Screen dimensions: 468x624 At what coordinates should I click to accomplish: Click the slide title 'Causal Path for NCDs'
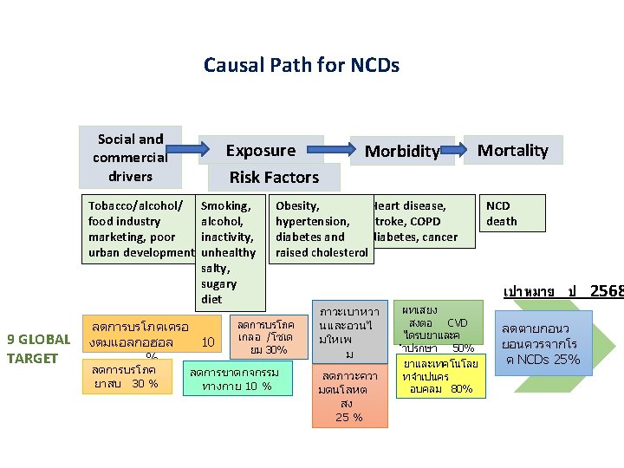pos(301,65)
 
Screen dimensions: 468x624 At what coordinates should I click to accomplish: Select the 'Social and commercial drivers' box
pos(130,158)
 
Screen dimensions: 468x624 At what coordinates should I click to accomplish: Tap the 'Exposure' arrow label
pos(260,150)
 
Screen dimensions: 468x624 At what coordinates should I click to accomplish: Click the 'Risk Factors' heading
pos(274,177)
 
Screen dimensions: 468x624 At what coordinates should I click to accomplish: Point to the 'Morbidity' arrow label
pos(401,151)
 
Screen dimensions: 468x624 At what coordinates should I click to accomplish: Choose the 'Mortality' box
pos(513,150)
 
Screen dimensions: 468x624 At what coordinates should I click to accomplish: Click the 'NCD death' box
pos(502,213)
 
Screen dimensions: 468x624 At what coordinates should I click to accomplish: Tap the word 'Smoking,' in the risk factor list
pos(225,206)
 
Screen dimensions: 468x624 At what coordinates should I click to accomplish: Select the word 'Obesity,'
pos(297,206)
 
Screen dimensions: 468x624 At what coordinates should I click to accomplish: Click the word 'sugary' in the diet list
pos(218,284)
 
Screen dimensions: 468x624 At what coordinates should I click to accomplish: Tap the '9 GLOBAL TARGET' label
pos(37,348)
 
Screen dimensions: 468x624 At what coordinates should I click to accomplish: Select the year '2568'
pos(606,291)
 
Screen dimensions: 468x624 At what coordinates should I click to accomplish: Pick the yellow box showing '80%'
pos(441,377)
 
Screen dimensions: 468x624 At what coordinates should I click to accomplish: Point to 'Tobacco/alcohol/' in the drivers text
pos(135,206)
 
